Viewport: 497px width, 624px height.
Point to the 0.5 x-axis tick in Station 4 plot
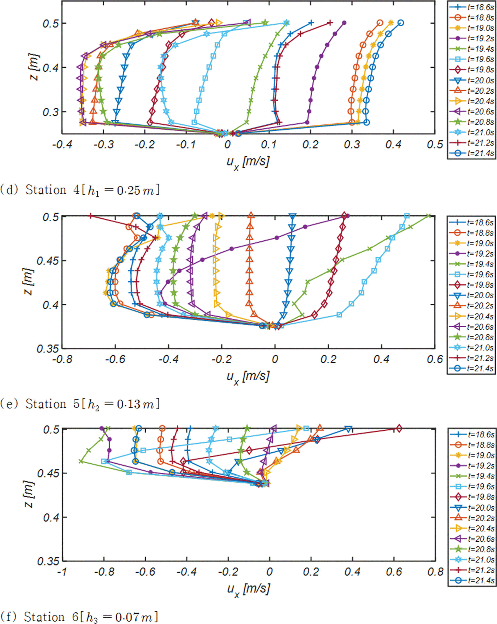click(434, 144)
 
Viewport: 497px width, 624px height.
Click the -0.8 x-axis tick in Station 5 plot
click(62, 359)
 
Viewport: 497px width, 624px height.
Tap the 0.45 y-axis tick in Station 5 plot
click(47, 261)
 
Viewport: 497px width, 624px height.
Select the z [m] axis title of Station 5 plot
click(28, 281)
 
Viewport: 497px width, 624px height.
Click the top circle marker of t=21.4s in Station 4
click(400, 23)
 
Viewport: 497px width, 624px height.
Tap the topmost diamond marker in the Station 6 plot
click(399, 428)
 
